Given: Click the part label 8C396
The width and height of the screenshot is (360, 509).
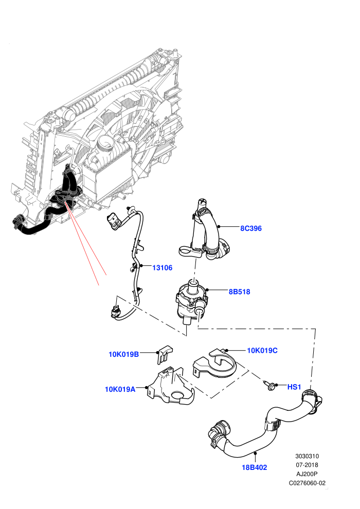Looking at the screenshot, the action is point(250,228).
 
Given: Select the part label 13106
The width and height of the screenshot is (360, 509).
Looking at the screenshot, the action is point(163,268).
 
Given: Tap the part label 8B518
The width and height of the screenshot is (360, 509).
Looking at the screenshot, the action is point(239,292).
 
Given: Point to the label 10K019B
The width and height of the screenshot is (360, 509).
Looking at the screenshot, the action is point(123,354).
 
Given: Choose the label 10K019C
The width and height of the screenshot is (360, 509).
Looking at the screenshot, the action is point(262,350).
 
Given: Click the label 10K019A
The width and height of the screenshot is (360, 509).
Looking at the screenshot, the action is point(120,389).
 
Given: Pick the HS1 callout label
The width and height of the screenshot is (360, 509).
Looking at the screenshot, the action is point(294,387).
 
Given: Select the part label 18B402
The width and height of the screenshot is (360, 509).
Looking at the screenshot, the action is point(255,467).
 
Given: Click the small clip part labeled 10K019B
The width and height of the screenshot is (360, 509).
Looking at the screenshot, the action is point(165,354).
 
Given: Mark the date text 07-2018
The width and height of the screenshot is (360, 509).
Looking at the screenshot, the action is point(307,465).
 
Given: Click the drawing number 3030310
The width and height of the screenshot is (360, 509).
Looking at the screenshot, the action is point(307,456).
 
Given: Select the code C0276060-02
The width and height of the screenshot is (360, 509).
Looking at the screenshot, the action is point(307,483).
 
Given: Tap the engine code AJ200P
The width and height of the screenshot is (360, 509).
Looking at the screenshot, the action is point(307,474).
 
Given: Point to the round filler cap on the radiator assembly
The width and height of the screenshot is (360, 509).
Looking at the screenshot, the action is point(105,142).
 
